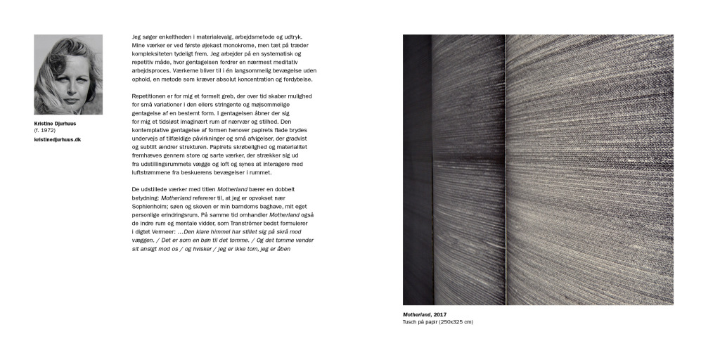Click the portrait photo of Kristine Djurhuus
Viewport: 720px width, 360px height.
pos(68,75)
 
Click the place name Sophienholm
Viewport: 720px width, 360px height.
pos(153,207)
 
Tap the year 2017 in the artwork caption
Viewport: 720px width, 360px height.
pos(439,314)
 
